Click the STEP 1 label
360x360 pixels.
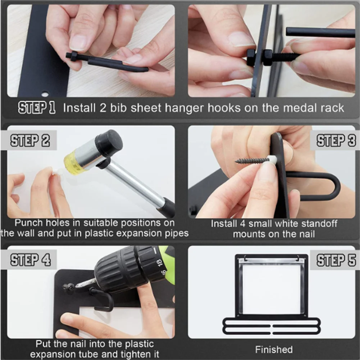coord(37,108)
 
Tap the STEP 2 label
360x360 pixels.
coord(30,140)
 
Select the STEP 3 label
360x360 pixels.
coord(336,140)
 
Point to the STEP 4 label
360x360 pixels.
coord(30,260)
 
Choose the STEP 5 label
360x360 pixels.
coord(336,260)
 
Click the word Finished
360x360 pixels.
coord(274,350)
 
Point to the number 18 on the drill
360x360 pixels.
coord(159,262)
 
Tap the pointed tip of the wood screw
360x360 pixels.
coord(236,161)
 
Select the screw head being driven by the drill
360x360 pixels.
coord(69,287)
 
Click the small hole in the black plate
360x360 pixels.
coord(45,94)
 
